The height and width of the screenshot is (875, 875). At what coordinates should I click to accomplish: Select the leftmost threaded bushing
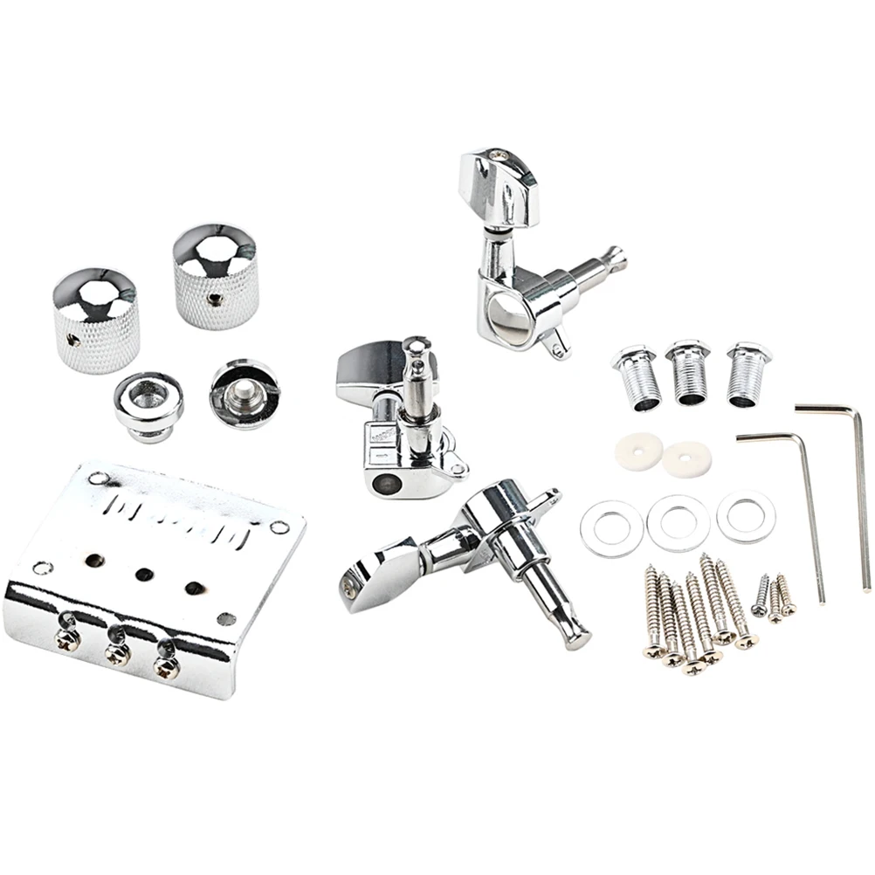click(636, 377)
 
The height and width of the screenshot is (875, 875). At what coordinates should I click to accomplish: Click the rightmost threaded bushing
click(748, 374)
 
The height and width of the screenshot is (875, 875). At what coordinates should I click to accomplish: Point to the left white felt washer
click(636, 451)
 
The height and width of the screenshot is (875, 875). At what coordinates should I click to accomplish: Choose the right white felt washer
click(686, 458)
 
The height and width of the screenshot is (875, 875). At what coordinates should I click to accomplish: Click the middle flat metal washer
click(678, 522)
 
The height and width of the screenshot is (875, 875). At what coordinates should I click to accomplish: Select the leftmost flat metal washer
click(612, 527)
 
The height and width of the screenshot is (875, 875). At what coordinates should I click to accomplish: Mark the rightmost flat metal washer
click(746, 516)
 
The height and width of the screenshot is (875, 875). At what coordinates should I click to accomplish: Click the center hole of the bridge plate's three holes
click(144, 574)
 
